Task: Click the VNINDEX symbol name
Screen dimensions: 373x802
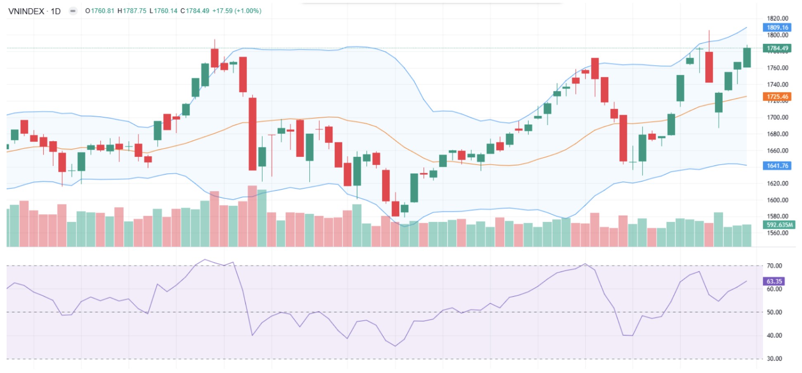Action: click(x=26, y=11)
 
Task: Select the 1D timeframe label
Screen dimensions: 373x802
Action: click(x=56, y=11)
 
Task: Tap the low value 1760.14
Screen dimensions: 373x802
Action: click(x=165, y=11)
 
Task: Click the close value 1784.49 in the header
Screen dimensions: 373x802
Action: click(x=197, y=11)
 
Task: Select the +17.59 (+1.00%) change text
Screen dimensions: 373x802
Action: click(x=237, y=11)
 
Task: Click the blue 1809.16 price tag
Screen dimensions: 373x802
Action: click(x=777, y=28)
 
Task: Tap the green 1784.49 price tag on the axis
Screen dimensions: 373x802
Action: click(x=777, y=48)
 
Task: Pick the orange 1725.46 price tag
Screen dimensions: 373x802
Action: click(x=777, y=97)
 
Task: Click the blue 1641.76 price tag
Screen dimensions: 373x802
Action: click(x=777, y=166)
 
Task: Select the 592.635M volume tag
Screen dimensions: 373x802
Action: click(x=779, y=225)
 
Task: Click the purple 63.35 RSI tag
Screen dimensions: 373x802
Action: click(x=774, y=281)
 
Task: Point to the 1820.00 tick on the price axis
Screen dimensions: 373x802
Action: click(x=777, y=18)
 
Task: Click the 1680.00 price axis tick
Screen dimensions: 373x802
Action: click(x=777, y=134)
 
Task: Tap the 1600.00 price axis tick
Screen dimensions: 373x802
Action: click(x=777, y=200)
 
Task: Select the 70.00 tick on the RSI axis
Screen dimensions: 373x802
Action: click(x=774, y=266)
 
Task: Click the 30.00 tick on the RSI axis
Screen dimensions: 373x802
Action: click(x=774, y=359)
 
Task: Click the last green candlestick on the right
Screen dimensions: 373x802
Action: click(x=747, y=58)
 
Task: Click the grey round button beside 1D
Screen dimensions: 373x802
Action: click(x=73, y=11)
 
